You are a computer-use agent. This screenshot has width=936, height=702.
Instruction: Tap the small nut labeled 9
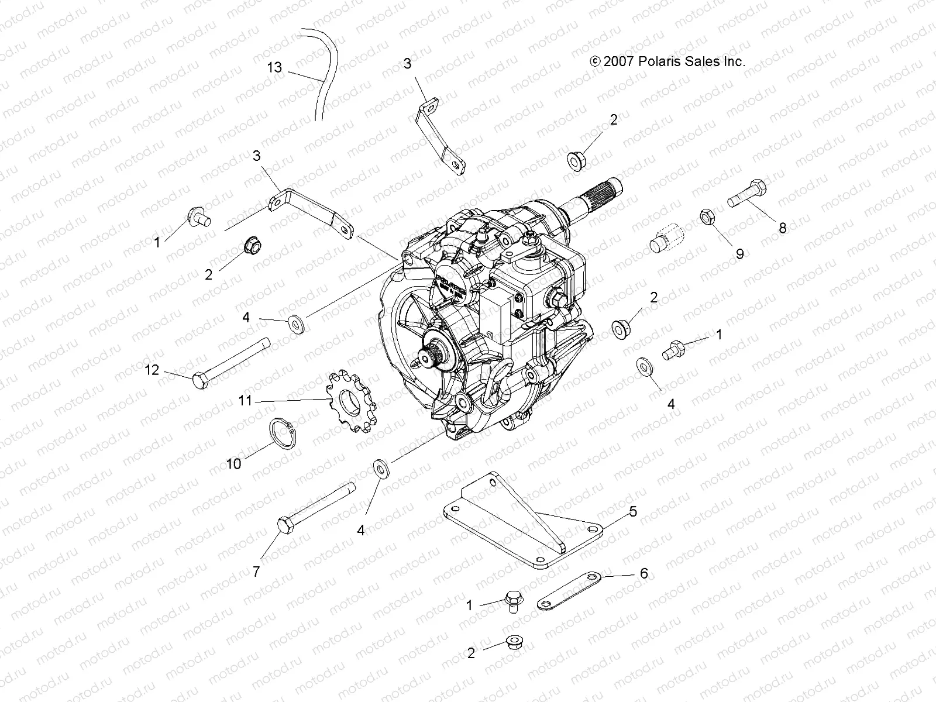(x=707, y=218)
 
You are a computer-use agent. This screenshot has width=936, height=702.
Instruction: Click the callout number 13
(x=274, y=67)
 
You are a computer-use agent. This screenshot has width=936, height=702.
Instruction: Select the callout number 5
(x=633, y=511)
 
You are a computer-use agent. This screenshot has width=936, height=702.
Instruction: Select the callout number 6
(x=643, y=573)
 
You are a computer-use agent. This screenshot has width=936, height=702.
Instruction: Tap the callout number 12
(x=152, y=370)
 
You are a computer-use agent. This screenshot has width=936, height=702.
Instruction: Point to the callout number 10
(x=233, y=464)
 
